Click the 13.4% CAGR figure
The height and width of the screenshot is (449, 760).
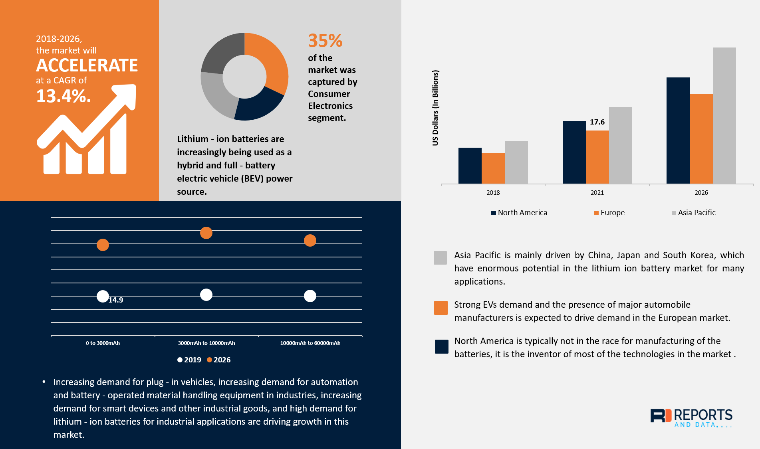click(63, 96)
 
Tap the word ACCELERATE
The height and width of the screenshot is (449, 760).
click(87, 65)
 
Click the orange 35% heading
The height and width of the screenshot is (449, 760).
click(325, 41)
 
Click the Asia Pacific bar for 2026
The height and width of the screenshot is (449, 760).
click(724, 116)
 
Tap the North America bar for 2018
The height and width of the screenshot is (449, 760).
click(470, 166)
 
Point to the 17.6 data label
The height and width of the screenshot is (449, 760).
click(597, 122)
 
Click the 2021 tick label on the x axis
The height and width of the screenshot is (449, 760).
click(597, 193)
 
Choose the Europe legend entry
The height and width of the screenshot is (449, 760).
click(609, 213)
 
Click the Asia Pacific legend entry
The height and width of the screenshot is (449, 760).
click(694, 213)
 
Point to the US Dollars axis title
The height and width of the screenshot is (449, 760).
click(435, 108)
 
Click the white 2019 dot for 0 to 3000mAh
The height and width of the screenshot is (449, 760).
click(103, 296)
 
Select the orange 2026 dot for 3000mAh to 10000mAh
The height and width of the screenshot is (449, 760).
click(206, 233)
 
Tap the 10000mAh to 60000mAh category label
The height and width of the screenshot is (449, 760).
click(310, 343)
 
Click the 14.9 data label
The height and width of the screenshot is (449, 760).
click(116, 300)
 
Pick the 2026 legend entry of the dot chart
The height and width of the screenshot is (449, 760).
click(219, 360)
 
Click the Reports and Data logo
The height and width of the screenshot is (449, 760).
click(691, 417)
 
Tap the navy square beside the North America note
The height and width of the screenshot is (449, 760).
click(441, 346)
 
